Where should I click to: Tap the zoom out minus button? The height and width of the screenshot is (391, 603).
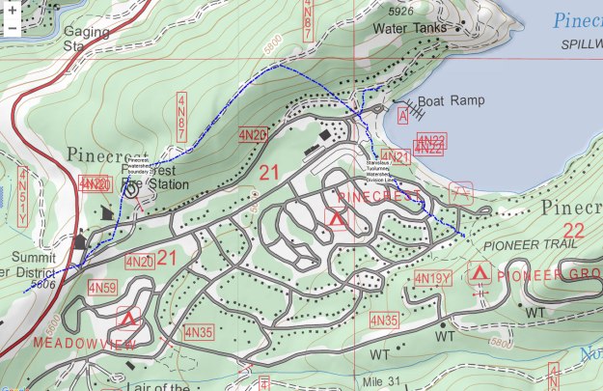[x=11, y=29]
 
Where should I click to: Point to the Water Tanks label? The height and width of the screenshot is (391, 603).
[x=410, y=28]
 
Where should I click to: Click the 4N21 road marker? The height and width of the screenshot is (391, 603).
[x=395, y=155]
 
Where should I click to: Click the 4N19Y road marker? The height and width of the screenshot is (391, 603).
[x=432, y=279]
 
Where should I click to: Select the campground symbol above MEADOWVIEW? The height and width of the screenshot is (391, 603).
[x=126, y=318]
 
